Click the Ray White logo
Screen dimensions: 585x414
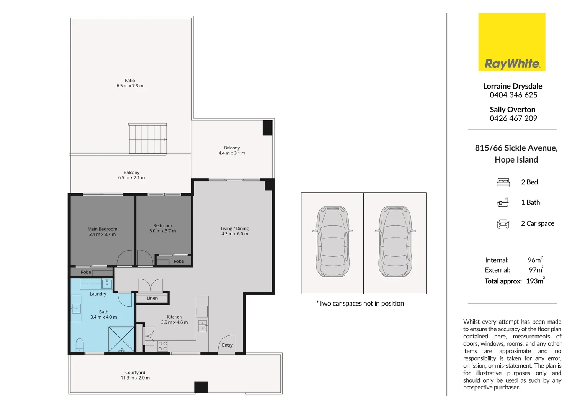pyautogui.click(x=511, y=42)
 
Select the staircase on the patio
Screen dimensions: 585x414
pyautogui.click(x=147, y=139)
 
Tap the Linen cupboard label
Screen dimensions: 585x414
pyautogui.click(x=152, y=298)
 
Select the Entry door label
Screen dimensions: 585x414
pyautogui.click(x=227, y=345)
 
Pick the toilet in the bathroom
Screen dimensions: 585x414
pyautogui.click(x=80, y=345)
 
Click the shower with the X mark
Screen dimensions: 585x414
pyautogui.click(x=121, y=339)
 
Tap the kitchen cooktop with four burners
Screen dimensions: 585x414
pyautogui.click(x=162, y=346)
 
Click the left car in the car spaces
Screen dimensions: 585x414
pyautogui.click(x=333, y=242)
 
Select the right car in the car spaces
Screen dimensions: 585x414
pyautogui.click(x=395, y=242)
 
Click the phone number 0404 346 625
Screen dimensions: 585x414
pyautogui.click(x=513, y=95)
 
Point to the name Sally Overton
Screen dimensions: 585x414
pyautogui.click(x=512, y=110)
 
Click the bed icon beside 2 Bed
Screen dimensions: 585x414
pyautogui.click(x=503, y=182)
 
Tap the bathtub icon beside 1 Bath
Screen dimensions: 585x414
pyautogui.click(x=503, y=203)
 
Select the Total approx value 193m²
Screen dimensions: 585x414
pyautogui.click(x=535, y=281)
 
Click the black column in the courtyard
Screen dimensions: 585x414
pyautogui.click(x=201, y=387)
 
